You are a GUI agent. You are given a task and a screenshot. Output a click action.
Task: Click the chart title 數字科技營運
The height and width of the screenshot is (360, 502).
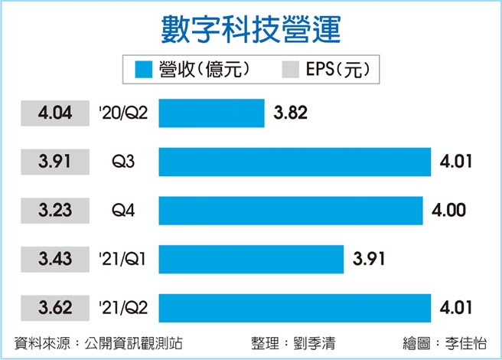tap(251, 28)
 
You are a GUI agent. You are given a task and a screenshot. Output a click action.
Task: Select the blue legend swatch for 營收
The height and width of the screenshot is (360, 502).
tap(145, 70)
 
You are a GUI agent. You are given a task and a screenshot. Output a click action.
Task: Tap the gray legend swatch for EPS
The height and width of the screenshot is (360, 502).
tap(285, 70)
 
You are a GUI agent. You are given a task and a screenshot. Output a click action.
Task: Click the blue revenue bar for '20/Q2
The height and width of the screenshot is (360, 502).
tap(211, 113)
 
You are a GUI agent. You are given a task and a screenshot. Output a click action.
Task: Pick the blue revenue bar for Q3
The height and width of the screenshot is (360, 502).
tap(295, 162)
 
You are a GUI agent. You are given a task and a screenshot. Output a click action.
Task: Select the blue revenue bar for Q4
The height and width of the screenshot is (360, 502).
tap(291, 210)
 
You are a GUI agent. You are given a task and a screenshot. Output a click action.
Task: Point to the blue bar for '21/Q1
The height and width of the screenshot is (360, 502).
tap(251, 259)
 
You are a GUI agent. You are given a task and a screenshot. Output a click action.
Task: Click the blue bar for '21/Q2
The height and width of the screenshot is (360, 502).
tap(295, 308)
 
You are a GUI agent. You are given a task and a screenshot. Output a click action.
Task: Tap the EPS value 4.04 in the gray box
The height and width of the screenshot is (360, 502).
tap(54, 113)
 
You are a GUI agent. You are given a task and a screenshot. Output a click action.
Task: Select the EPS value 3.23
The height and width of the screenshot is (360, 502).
tap(54, 210)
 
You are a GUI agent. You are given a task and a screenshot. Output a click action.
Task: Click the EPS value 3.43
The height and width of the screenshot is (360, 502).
tap(54, 259)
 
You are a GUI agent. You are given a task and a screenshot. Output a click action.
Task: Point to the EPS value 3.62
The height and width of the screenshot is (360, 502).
tap(54, 308)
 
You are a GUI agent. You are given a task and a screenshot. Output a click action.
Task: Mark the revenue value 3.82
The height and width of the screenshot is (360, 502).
tap(290, 113)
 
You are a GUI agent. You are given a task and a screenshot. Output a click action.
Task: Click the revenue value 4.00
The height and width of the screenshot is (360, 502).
tap(448, 210)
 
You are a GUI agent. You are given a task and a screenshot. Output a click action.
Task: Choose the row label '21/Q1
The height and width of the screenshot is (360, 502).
tap(122, 259)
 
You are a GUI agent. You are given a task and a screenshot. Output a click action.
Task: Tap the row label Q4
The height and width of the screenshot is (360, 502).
tap(122, 210)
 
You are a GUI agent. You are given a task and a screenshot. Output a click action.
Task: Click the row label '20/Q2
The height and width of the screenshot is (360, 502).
tap(122, 113)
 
